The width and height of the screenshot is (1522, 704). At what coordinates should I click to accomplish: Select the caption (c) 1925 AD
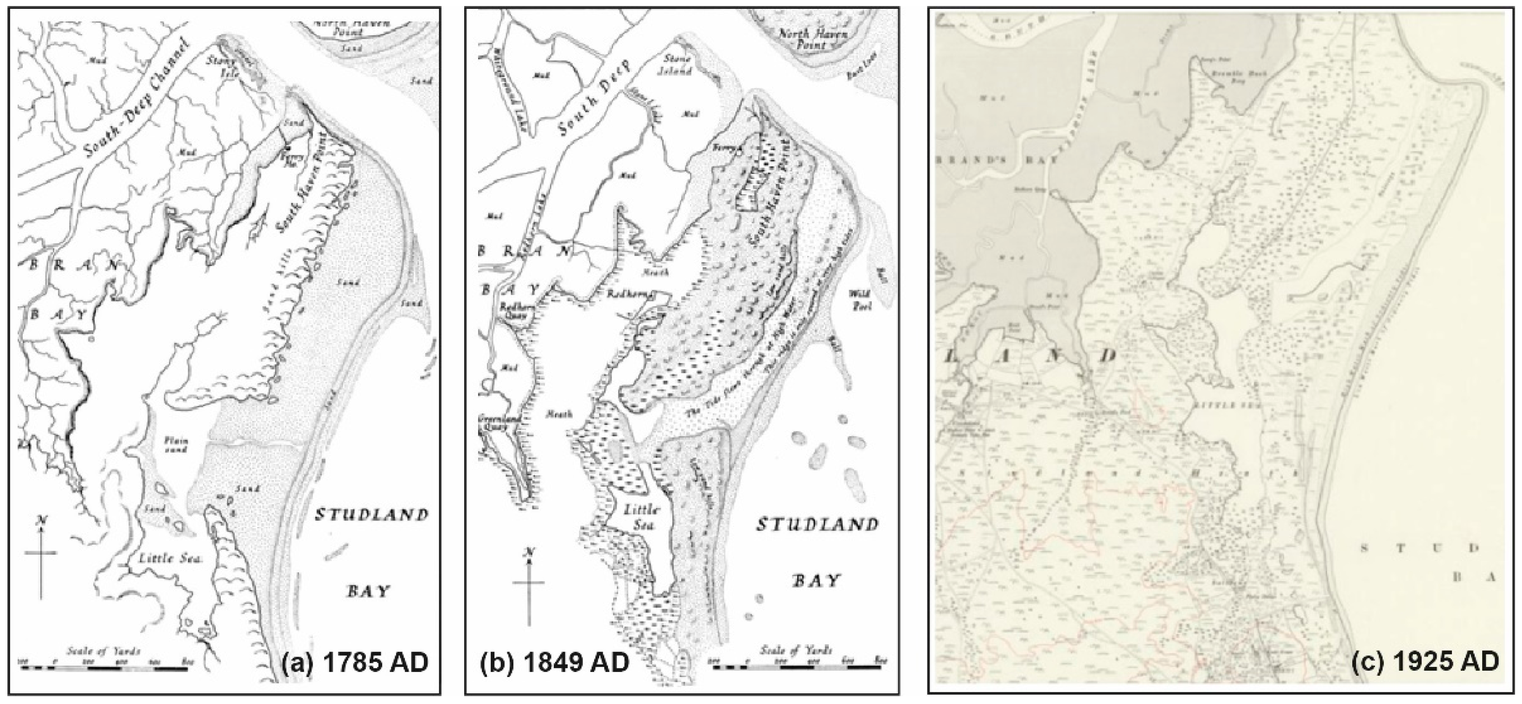1425,661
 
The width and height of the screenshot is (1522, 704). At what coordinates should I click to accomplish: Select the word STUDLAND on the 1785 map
371,515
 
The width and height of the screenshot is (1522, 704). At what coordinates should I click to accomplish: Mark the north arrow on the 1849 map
529,582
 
